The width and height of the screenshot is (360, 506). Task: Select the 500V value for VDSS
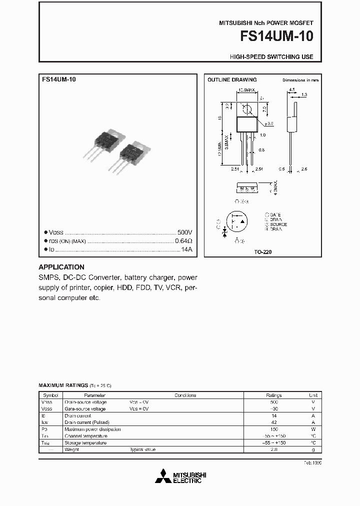tap(184, 232)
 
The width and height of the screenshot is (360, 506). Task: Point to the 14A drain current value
tap(186, 248)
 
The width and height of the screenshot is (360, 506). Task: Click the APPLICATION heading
tap(61, 267)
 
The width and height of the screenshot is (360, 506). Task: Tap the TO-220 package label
tap(263, 252)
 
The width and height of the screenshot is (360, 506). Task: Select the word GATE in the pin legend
tap(275, 214)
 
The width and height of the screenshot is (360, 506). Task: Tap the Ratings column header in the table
tap(273, 395)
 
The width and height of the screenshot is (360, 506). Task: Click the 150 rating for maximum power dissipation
tap(273, 429)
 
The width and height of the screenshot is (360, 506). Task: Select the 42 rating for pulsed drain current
tap(273, 422)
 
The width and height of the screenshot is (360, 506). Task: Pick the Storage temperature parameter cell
tap(85, 442)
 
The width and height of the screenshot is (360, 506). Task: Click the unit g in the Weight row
tap(313, 449)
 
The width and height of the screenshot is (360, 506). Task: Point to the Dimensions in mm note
tap(300, 80)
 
